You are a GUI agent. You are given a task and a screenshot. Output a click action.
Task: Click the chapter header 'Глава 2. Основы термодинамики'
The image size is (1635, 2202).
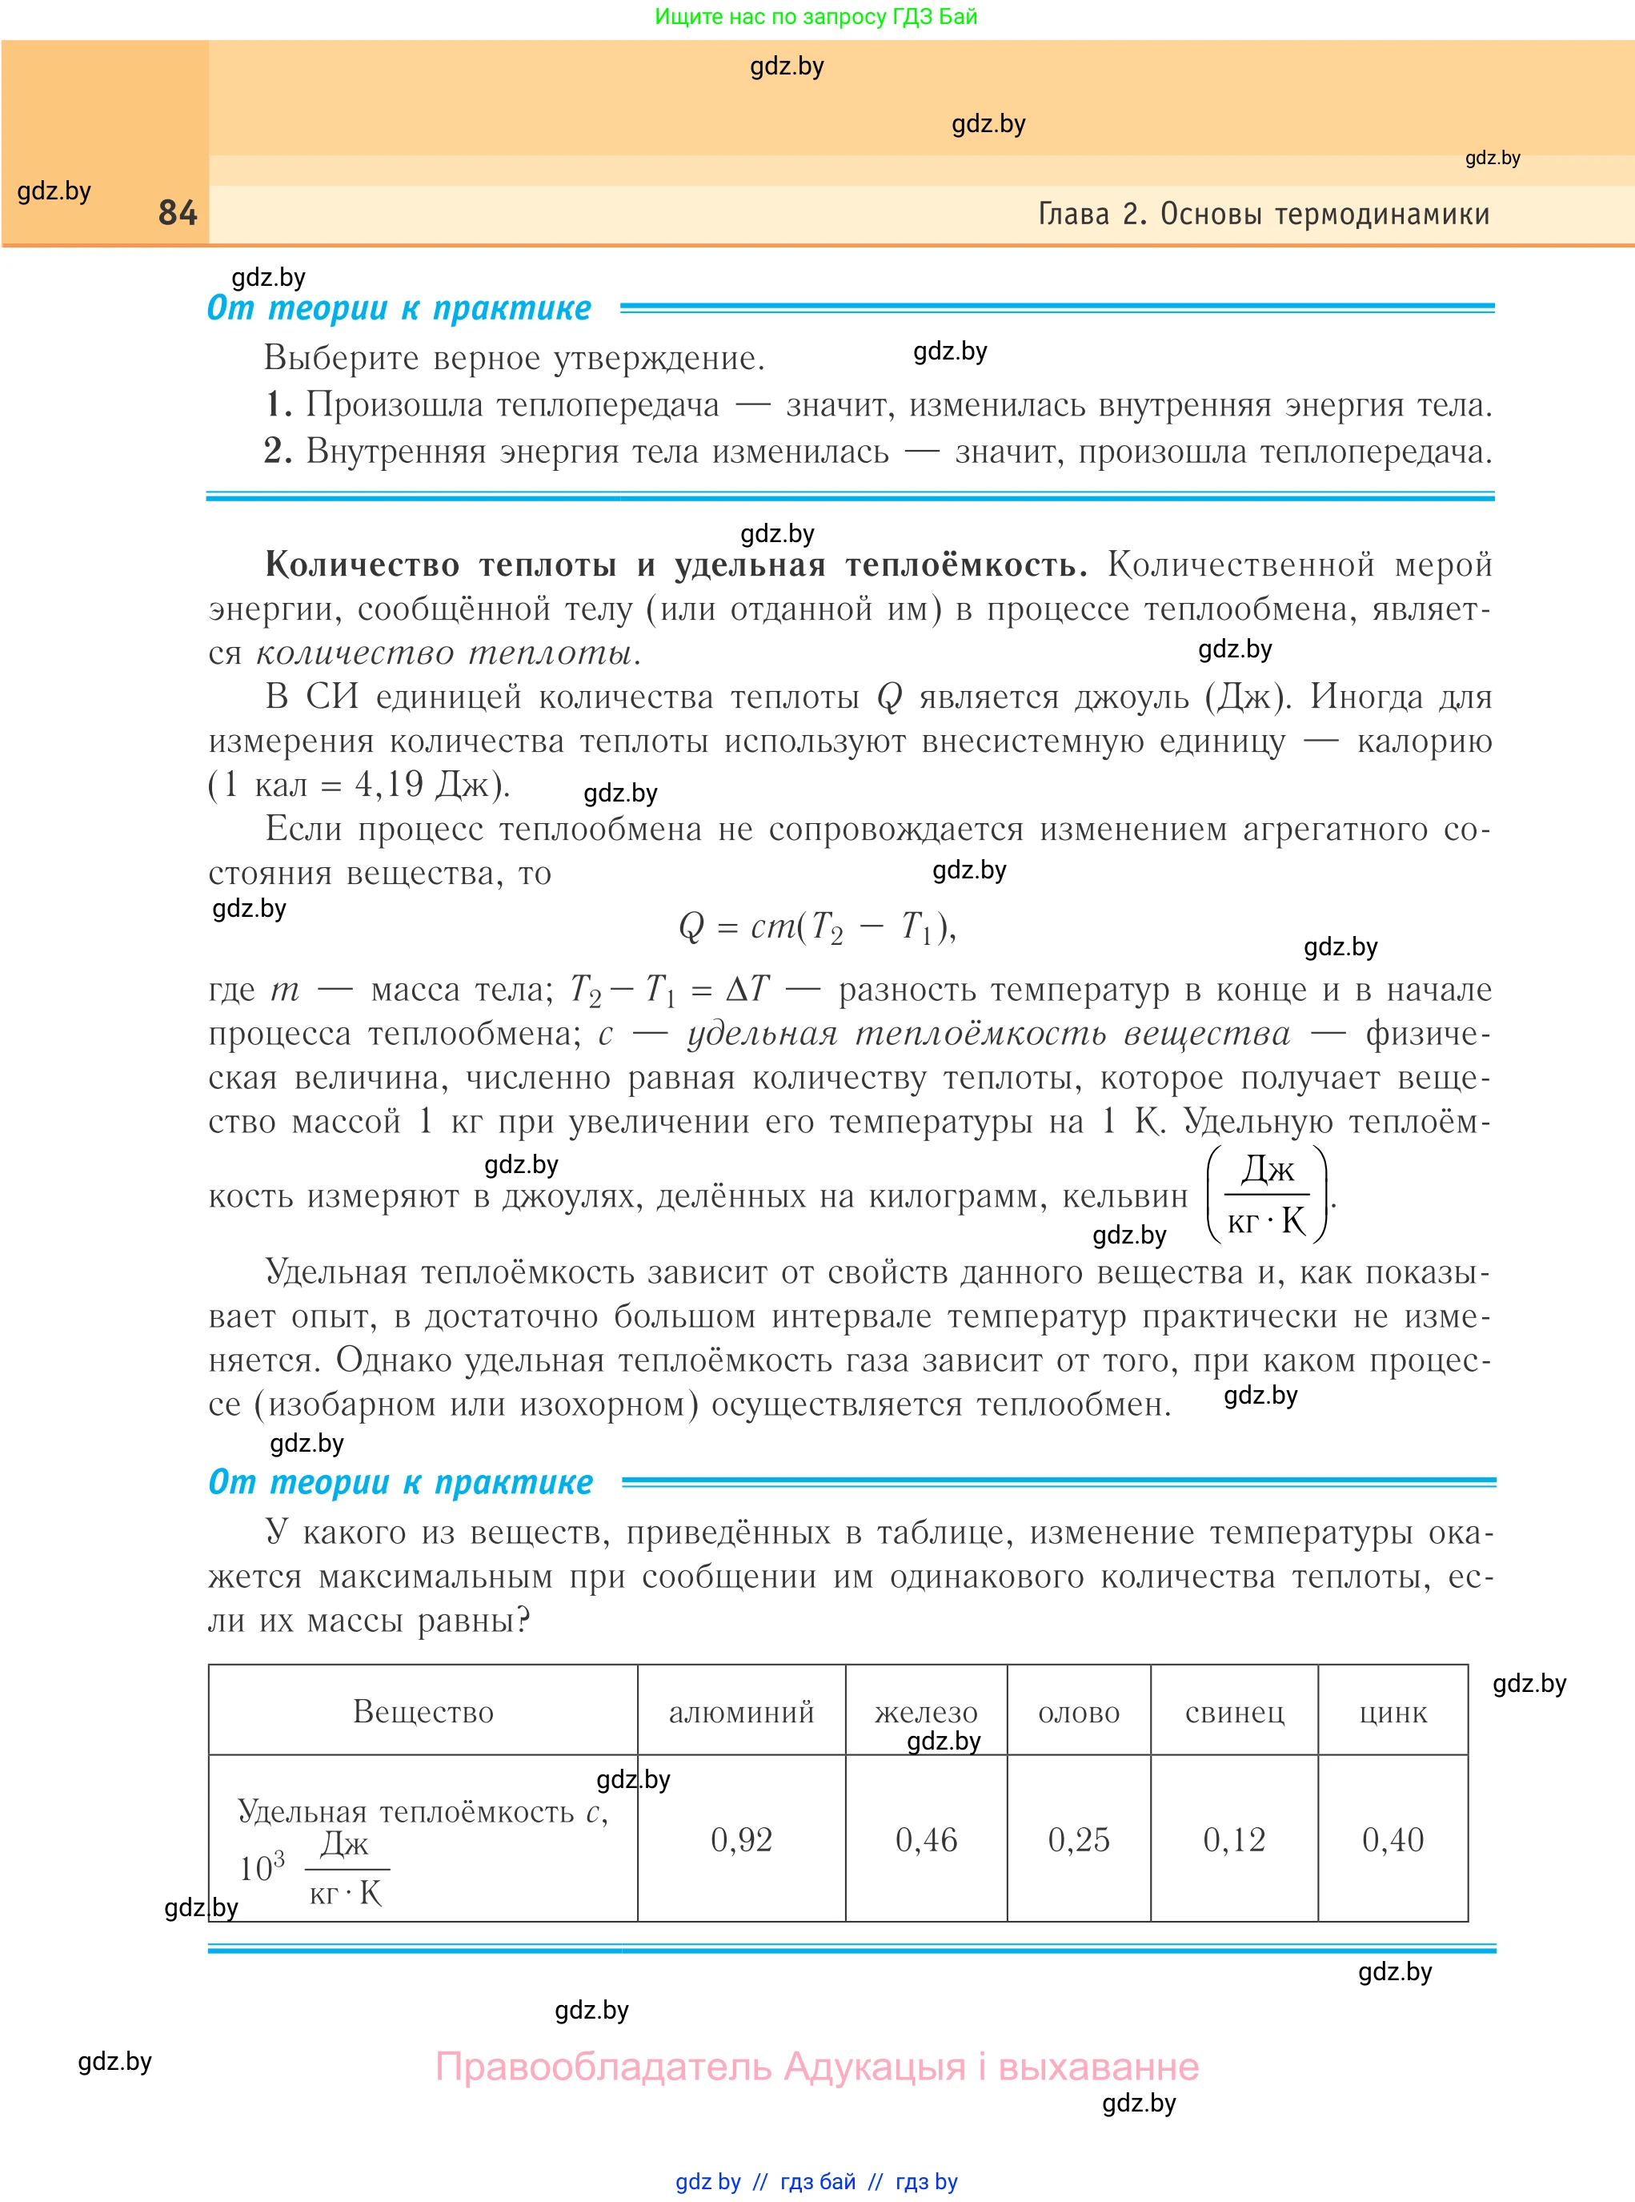[1263, 214]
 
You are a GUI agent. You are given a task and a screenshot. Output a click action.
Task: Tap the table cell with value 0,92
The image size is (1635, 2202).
[741, 1839]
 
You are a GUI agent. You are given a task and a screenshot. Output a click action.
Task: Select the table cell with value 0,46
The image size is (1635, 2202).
[927, 1839]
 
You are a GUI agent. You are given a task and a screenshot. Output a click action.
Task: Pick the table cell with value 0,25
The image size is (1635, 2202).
[1079, 1839]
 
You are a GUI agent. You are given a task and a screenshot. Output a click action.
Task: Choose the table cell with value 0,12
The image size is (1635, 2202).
[1234, 1839]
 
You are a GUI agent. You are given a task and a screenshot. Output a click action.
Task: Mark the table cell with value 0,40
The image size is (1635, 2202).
[1393, 1839]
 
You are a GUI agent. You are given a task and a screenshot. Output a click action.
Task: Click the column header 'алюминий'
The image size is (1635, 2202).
[741, 1712]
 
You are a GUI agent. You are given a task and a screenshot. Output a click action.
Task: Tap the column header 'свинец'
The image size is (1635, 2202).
[1234, 1712]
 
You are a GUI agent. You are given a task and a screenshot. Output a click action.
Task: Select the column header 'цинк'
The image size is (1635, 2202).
[1393, 1712]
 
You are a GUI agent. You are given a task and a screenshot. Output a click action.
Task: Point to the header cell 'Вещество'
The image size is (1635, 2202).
[423, 1712]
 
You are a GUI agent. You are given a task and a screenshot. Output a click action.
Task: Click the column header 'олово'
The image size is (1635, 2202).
[1079, 1712]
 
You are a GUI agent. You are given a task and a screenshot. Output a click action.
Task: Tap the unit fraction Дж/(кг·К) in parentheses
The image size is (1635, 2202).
[1267, 1195]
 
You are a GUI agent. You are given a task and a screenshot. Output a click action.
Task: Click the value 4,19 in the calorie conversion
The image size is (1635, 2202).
[389, 786]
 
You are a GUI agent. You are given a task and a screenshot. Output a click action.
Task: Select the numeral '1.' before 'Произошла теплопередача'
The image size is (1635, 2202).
[279, 405]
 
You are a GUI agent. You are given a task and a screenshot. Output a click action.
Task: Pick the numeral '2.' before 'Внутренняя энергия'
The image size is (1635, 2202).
[279, 452]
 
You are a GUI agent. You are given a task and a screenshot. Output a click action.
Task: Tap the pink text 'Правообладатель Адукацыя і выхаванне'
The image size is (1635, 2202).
[816, 2067]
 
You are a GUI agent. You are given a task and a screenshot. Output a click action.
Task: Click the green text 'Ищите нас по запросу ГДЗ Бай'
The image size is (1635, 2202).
[815, 17]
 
